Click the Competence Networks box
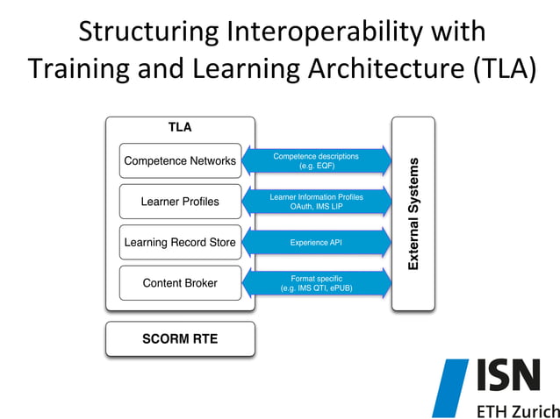pyautogui.click(x=180, y=161)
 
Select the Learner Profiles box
pyautogui.click(x=180, y=202)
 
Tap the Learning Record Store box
pyautogui.click(x=180, y=242)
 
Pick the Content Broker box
pyautogui.click(x=180, y=283)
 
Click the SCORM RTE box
pyautogui.click(x=180, y=338)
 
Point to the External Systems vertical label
pyautogui.click(x=413, y=214)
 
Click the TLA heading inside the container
pyautogui.click(x=180, y=127)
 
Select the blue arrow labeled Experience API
pyautogui.click(x=316, y=242)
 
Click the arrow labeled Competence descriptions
pyautogui.click(x=316, y=160)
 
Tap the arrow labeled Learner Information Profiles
pyautogui.click(x=316, y=202)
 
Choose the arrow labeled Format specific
pyautogui.click(x=316, y=282)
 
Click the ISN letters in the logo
pyautogui.click(x=509, y=376)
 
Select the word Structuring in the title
pyautogui.click(x=147, y=32)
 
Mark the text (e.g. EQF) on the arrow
pyautogui.click(x=317, y=166)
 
